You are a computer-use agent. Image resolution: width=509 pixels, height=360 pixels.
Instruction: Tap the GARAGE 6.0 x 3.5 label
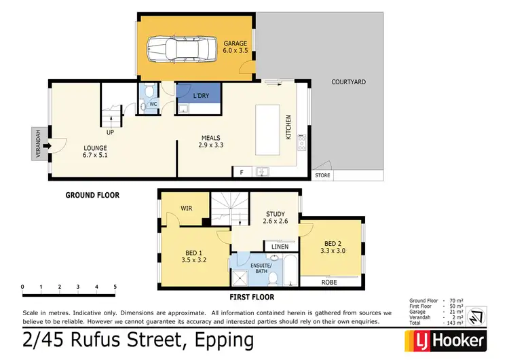[235, 48]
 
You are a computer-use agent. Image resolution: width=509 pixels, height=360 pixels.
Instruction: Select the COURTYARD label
[348, 82]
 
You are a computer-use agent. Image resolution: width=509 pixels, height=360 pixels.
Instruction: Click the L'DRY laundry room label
[201, 96]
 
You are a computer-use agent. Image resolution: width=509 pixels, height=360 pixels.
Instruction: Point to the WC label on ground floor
[153, 105]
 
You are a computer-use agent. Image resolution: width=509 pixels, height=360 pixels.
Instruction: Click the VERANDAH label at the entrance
[38, 143]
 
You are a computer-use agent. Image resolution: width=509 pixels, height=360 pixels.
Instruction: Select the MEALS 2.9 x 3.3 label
[211, 141]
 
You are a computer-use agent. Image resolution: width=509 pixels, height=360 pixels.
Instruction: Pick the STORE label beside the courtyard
[322, 177]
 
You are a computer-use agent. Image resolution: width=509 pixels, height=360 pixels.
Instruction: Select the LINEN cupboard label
[280, 246]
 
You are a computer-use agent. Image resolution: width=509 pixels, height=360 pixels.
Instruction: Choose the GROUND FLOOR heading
[92, 196]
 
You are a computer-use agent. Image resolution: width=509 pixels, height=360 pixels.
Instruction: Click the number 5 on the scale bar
[115, 287]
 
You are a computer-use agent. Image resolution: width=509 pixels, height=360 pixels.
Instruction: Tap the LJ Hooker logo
[445, 340]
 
